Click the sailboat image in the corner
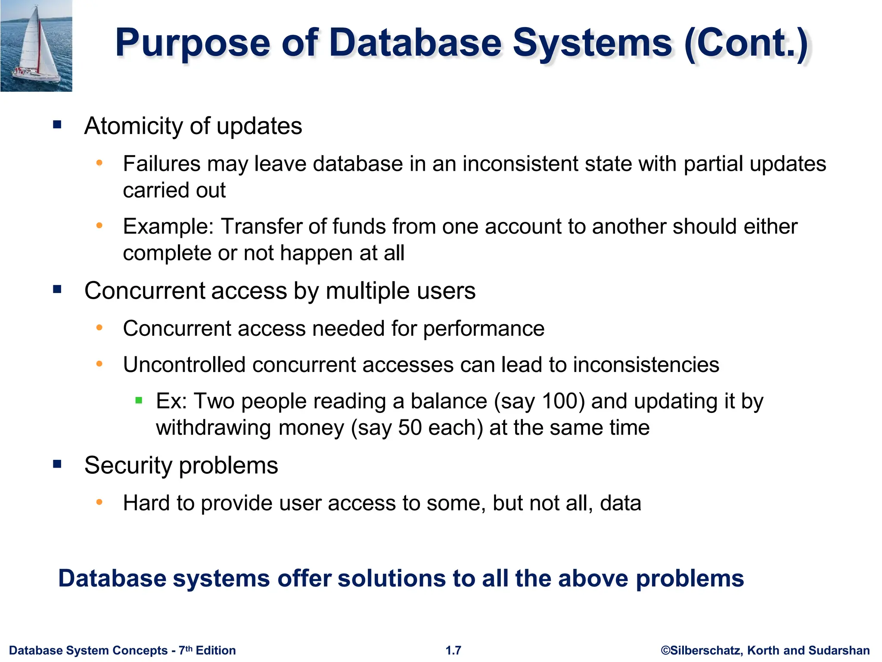[x=36, y=46]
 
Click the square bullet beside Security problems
[x=57, y=464]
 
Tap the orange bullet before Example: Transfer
[x=99, y=225]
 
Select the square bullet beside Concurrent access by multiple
[x=57, y=289]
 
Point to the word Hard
[x=146, y=503]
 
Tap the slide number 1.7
[x=453, y=650]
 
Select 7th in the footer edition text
[x=186, y=650]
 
